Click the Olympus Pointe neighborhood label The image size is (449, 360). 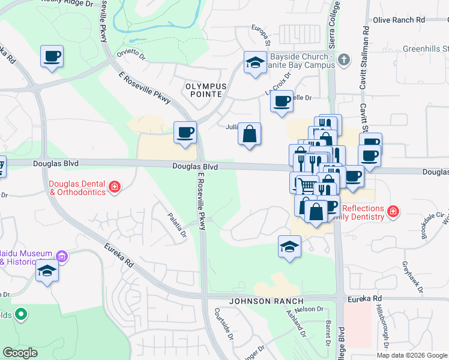pos(206,91)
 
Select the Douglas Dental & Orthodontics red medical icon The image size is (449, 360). pos(114,188)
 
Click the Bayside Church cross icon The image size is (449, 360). pos(343,59)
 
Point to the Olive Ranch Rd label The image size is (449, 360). pos(399,20)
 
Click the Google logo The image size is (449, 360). pos(20,353)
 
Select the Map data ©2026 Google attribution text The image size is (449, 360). pos(411,355)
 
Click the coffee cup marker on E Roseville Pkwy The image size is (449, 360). pos(185,132)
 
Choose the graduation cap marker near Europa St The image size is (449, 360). pos(256,62)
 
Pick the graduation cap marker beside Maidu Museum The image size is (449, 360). pos(47,271)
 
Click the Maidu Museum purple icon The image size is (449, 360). pos(62,257)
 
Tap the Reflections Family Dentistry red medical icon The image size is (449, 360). pos(393,211)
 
